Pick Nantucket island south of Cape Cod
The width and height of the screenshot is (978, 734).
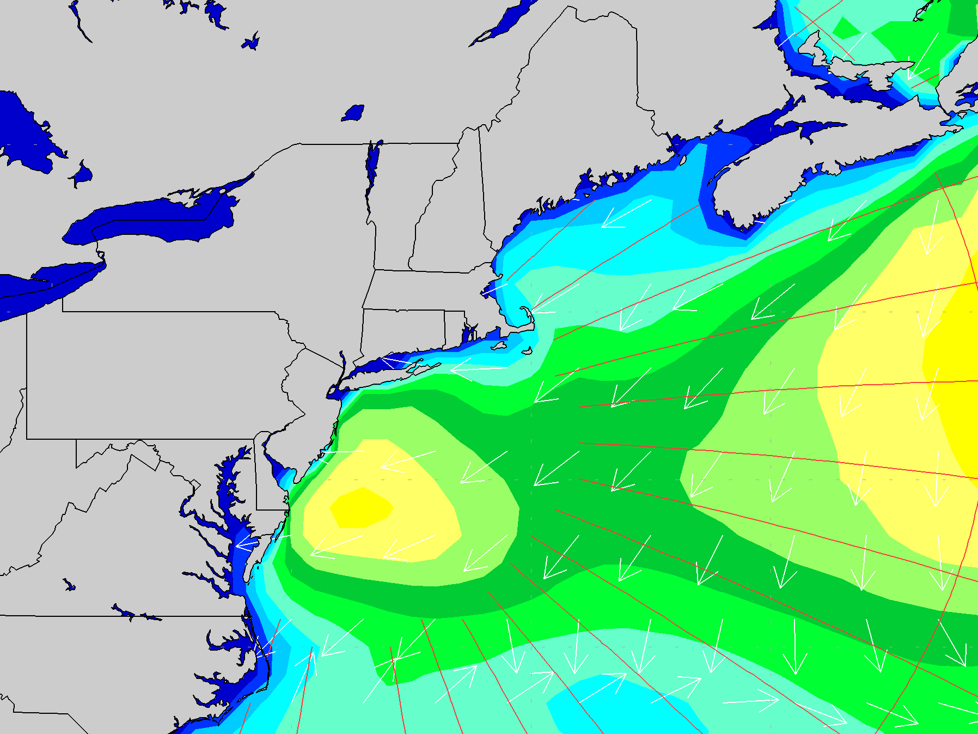point(527,351)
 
